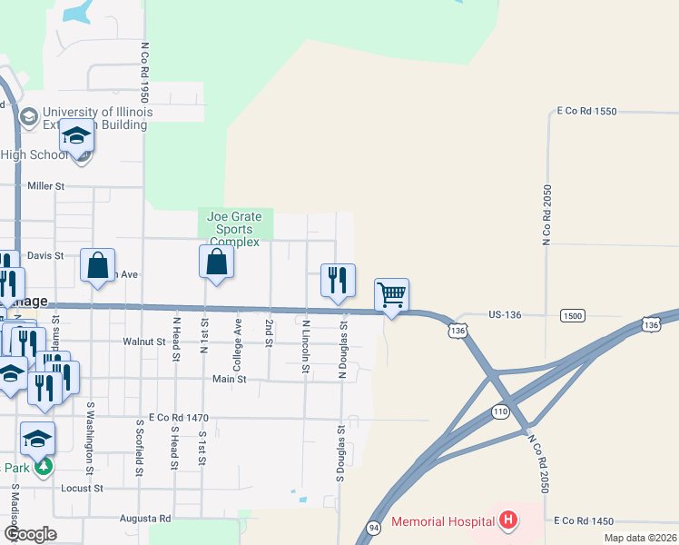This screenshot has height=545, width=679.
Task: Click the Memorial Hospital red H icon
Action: coord(509,521)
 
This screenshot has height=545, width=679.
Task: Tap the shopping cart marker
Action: coord(391,294)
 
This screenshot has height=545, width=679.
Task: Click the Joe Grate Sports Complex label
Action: coord(234,229)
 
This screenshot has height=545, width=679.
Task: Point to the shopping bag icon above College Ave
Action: coord(217,263)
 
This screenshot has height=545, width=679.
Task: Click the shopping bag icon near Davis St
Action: coord(98,264)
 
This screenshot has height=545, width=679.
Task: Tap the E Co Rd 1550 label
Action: coord(586,111)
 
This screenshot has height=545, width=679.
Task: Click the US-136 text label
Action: coord(505,314)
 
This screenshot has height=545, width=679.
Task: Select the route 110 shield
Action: coord(499,411)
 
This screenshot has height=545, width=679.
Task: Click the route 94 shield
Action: coord(374,527)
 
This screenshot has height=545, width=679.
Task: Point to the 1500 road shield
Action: coord(572,315)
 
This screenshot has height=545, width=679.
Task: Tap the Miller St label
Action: coord(46,185)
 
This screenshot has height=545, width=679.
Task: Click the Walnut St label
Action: coord(144,342)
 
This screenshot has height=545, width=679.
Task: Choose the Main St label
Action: coord(230,379)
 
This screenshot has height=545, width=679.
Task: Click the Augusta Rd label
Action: coord(145,519)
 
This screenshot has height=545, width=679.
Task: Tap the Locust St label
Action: coord(79,488)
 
